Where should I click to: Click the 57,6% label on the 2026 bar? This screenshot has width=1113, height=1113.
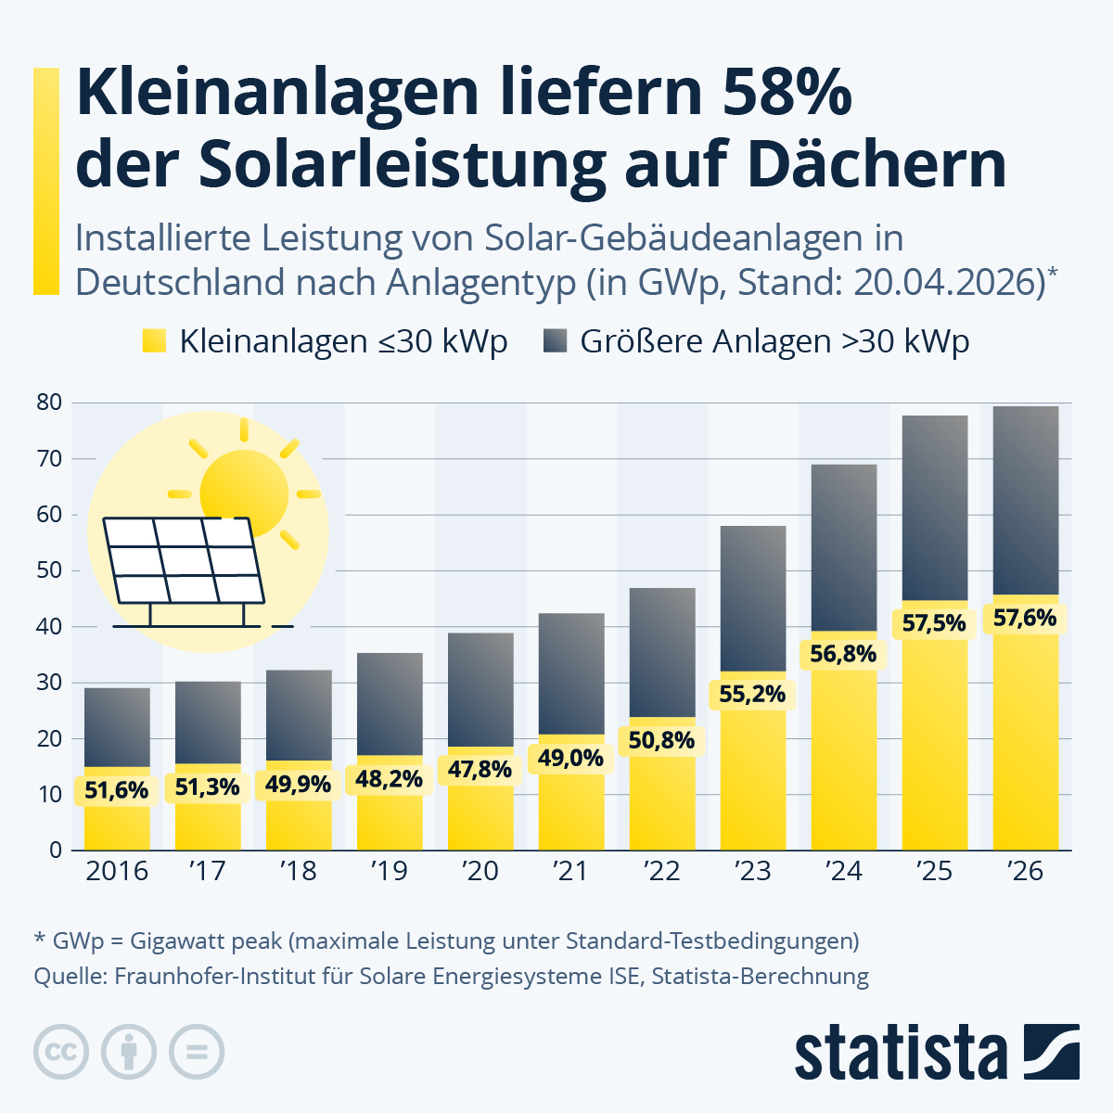[1025, 618]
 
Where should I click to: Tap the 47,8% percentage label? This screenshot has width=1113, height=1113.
[480, 769]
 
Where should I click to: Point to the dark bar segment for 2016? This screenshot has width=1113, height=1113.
[117, 727]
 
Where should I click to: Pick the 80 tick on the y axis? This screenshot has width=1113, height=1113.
[49, 403]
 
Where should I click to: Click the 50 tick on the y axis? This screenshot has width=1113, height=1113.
[49, 570]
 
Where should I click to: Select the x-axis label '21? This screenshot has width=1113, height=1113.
[570, 871]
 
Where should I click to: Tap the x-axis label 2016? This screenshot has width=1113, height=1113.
[117, 871]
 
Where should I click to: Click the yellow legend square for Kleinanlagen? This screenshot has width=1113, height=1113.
[154, 340]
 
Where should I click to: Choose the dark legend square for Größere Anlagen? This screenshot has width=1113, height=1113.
[555, 340]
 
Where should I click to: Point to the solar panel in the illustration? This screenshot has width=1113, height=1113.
[183, 561]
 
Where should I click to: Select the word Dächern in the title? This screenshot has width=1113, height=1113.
[877, 165]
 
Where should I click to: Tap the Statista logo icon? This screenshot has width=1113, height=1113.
[1051, 1052]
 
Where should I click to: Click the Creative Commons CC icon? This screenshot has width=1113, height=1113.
[61, 1053]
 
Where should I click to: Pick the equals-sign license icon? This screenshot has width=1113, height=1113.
[197, 1053]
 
